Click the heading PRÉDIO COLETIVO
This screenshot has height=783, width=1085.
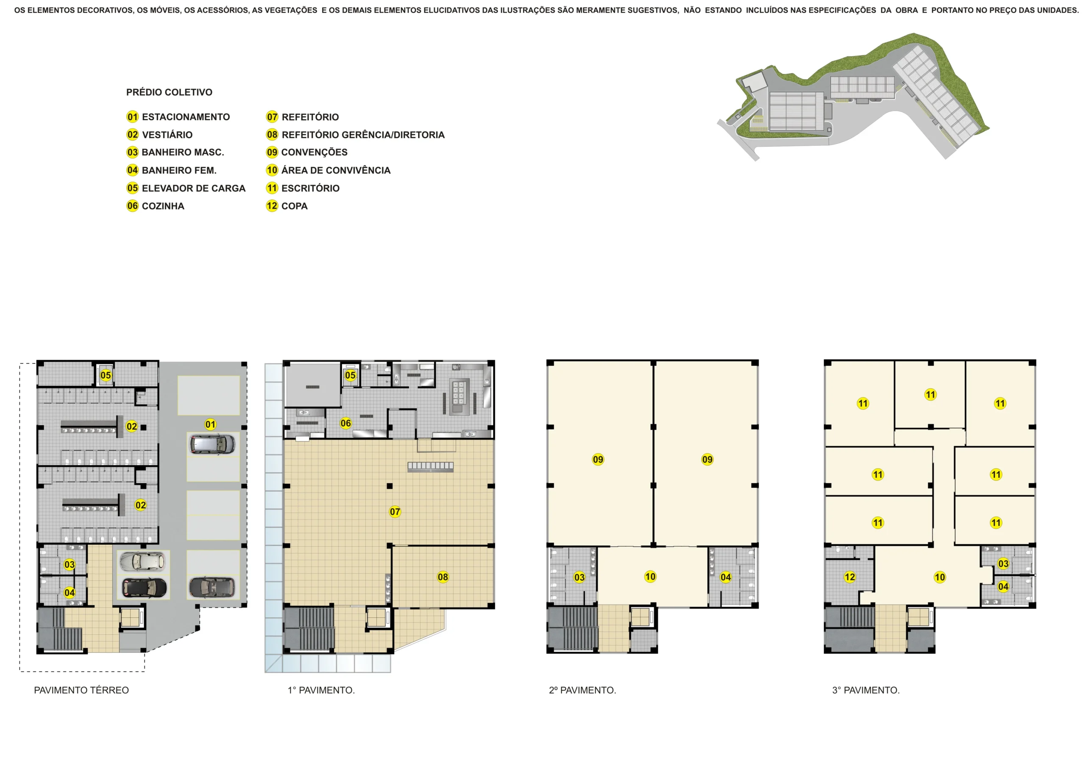(x=169, y=92)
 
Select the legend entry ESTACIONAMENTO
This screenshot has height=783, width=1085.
(x=186, y=117)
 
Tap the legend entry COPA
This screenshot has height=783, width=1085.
(x=294, y=206)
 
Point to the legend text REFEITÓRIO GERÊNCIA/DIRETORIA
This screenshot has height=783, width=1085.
(x=363, y=135)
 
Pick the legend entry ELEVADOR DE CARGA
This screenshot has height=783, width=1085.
(x=193, y=188)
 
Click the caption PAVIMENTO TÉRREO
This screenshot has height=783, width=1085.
(x=81, y=690)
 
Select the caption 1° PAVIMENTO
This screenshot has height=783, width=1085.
(x=321, y=690)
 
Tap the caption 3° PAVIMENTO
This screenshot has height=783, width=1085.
(x=866, y=690)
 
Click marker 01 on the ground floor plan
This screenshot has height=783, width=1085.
(x=211, y=424)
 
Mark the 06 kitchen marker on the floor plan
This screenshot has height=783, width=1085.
(x=345, y=423)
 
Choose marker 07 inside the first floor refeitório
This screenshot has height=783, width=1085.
(x=395, y=512)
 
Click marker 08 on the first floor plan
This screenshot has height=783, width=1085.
(x=443, y=577)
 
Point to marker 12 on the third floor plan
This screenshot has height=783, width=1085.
(x=850, y=577)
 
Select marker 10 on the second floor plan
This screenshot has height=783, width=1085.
(x=650, y=576)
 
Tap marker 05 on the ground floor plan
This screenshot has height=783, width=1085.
(x=106, y=375)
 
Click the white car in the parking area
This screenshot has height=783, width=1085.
(x=142, y=562)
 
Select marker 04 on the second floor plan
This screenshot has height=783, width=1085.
(x=726, y=577)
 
